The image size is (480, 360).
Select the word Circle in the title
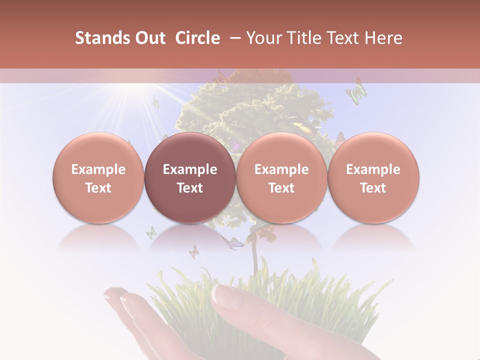[x=197, y=38]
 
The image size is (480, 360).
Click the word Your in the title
[x=261, y=38]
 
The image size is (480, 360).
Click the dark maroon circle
[x=190, y=178]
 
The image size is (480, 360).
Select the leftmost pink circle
[x=98, y=178]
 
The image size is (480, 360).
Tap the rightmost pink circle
[x=373, y=178]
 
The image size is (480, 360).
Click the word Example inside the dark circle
[x=190, y=169]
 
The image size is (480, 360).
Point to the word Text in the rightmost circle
[x=373, y=188]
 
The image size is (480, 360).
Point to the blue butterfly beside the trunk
[x=232, y=242]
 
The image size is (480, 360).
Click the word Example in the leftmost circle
[x=98, y=169]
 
